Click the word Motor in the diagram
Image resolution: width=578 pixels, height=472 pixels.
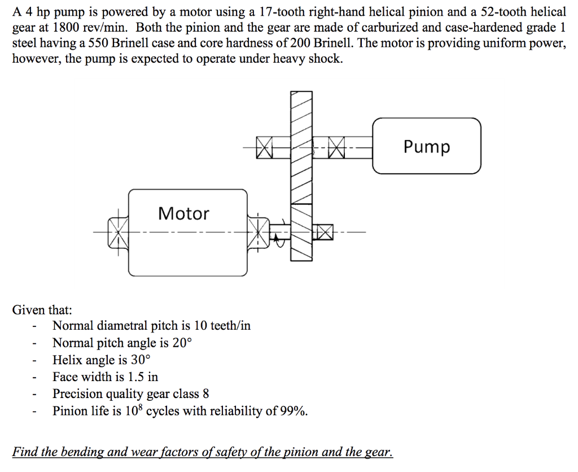click(183, 213)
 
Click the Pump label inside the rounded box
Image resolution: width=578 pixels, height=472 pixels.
click(427, 147)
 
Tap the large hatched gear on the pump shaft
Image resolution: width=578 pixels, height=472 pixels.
click(301, 147)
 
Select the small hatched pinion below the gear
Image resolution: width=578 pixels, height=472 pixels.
click(301, 232)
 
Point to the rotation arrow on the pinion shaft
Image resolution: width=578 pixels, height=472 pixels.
click(276, 239)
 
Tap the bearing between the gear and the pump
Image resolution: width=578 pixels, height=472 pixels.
click(337, 147)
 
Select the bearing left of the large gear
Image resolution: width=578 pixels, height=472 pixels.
click(264, 147)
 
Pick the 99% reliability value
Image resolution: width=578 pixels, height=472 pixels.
click(294, 410)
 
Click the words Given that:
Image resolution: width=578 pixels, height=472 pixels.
click(42, 310)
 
